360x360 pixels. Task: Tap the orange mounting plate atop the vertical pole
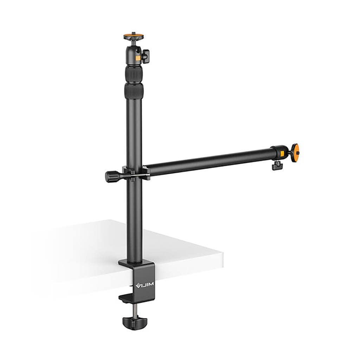click(x=134, y=36)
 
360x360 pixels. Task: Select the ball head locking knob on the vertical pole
click(x=146, y=56)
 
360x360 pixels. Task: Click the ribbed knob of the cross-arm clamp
click(x=112, y=175)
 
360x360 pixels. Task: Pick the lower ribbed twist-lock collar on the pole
click(x=134, y=91)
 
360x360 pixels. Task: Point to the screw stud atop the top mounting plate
click(x=134, y=33)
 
